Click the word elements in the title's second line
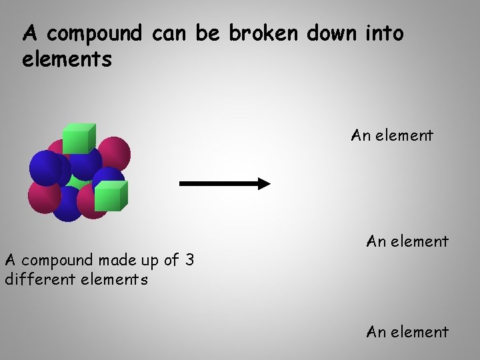(67, 60)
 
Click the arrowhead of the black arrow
(264, 183)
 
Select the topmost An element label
(392, 135)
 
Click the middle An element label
(407, 241)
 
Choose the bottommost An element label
(407, 331)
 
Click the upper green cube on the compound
(79, 139)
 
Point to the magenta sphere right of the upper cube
(115, 151)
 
